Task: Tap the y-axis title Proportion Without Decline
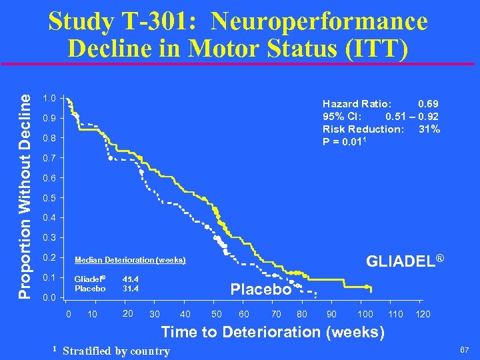[x=24, y=195]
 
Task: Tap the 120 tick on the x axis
[x=423, y=314]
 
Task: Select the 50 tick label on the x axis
[x=217, y=314]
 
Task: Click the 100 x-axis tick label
[x=365, y=314]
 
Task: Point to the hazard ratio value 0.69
[x=428, y=104]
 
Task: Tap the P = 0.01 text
[x=344, y=141]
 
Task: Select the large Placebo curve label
[x=261, y=289]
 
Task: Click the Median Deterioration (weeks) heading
[x=130, y=260]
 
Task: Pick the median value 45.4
[x=131, y=279]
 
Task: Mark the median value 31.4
[x=131, y=289]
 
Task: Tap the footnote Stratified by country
[x=116, y=351]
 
